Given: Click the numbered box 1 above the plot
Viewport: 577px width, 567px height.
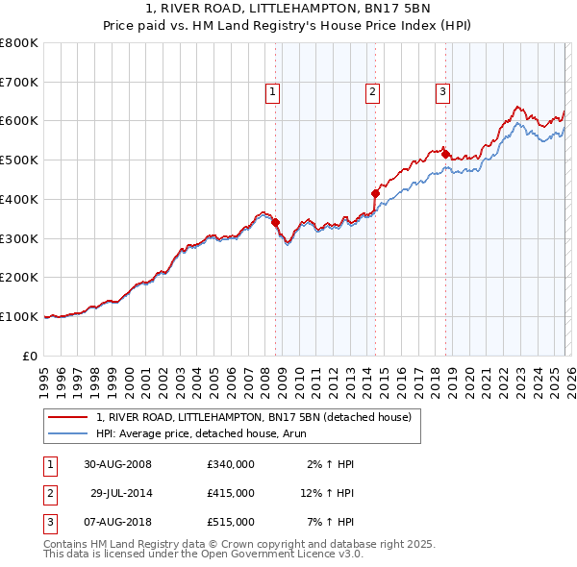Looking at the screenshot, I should [x=273, y=92].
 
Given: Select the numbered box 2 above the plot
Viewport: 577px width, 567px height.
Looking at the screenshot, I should [x=371, y=92].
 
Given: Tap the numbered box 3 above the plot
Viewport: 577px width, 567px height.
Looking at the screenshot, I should [x=442, y=92].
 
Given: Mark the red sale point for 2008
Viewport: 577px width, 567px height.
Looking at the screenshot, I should [x=275, y=222].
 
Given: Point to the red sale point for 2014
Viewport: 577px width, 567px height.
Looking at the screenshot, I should [x=375, y=193].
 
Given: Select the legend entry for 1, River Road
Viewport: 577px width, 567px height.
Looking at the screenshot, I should [x=254, y=417].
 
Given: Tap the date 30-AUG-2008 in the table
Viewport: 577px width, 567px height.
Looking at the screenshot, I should [x=118, y=464].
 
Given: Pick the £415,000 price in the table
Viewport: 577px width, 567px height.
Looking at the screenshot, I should [x=231, y=493].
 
